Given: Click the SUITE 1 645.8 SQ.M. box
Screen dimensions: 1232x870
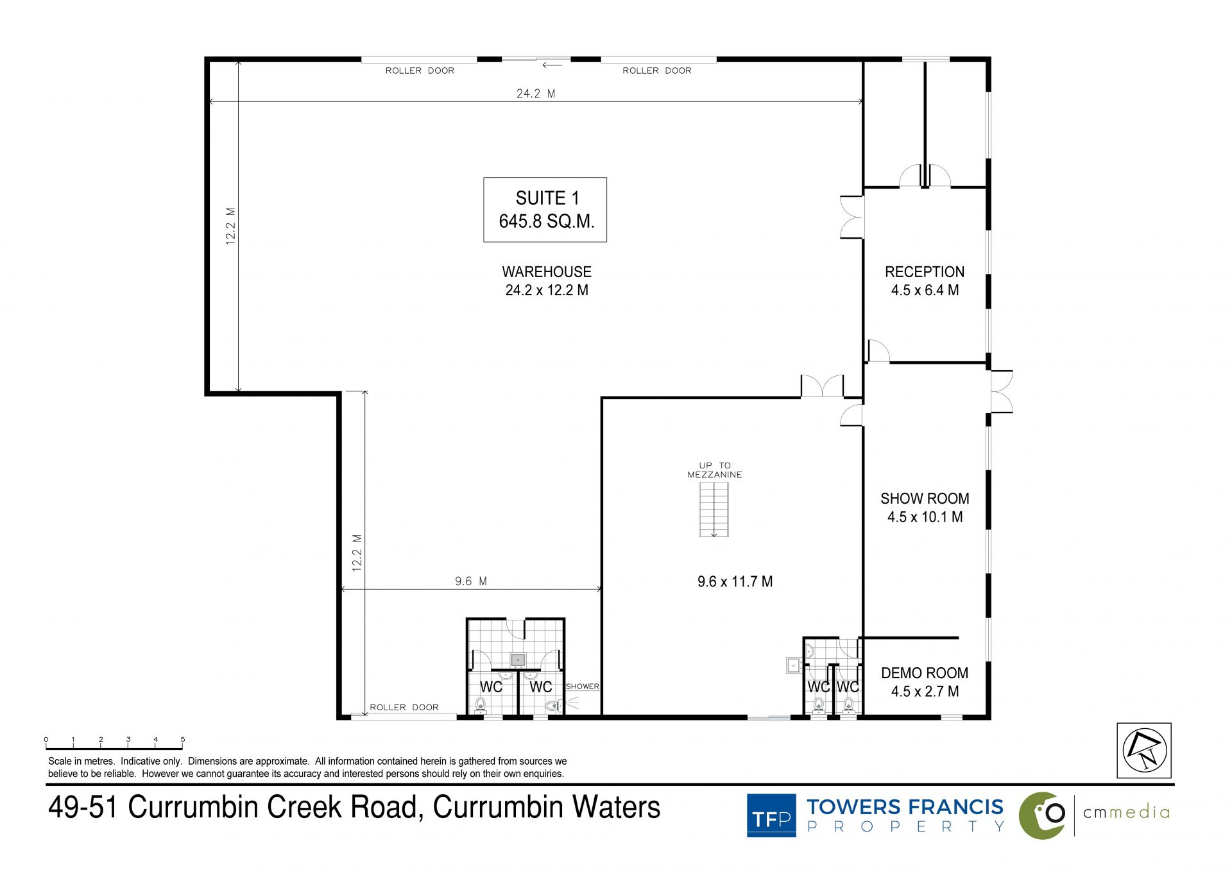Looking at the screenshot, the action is (545, 210).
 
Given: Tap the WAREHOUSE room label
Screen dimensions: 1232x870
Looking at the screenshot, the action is (547, 272).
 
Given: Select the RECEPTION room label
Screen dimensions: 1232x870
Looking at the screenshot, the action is (925, 272).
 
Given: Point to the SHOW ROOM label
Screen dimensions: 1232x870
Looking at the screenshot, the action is (925, 499).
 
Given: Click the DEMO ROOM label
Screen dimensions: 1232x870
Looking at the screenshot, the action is (925, 673).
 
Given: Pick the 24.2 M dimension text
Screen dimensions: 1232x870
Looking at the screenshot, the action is (536, 94).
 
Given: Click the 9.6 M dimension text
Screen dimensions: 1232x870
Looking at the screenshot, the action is (471, 581).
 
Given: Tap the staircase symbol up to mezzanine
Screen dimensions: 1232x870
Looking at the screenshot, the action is (714, 509).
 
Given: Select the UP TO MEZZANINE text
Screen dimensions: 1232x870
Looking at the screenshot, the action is (715, 470).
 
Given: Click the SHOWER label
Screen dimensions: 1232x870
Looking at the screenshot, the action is (582, 687).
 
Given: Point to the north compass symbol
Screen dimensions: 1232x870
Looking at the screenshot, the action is (1144, 751).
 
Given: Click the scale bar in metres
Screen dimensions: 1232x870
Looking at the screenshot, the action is (114, 745).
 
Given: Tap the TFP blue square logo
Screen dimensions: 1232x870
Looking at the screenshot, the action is (771, 815).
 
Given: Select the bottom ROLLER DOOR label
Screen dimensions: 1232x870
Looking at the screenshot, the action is (404, 707).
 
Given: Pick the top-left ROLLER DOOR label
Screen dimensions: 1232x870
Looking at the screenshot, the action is (420, 71).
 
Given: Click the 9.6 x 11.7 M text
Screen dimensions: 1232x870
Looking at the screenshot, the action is (735, 582).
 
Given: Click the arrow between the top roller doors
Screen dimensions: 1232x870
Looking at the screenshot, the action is (552, 65).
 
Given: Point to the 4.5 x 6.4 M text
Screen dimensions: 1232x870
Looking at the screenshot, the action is (925, 290).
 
